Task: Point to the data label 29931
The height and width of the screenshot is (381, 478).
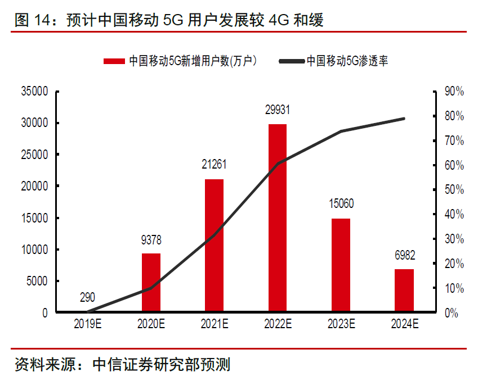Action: click(278, 110)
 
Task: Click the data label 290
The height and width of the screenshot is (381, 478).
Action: click(87, 298)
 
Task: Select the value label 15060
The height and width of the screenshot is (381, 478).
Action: click(341, 204)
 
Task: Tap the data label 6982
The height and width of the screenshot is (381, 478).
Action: click(404, 255)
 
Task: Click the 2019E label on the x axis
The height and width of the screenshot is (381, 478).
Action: click(87, 324)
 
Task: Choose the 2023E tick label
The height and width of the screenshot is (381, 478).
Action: click(341, 324)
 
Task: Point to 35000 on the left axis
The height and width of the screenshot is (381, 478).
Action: click(34, 91)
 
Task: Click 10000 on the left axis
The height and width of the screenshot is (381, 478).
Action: click(34, 250)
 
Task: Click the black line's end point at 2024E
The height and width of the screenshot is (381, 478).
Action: click(404, 119)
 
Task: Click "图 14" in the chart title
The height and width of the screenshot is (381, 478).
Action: click(29, 21)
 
